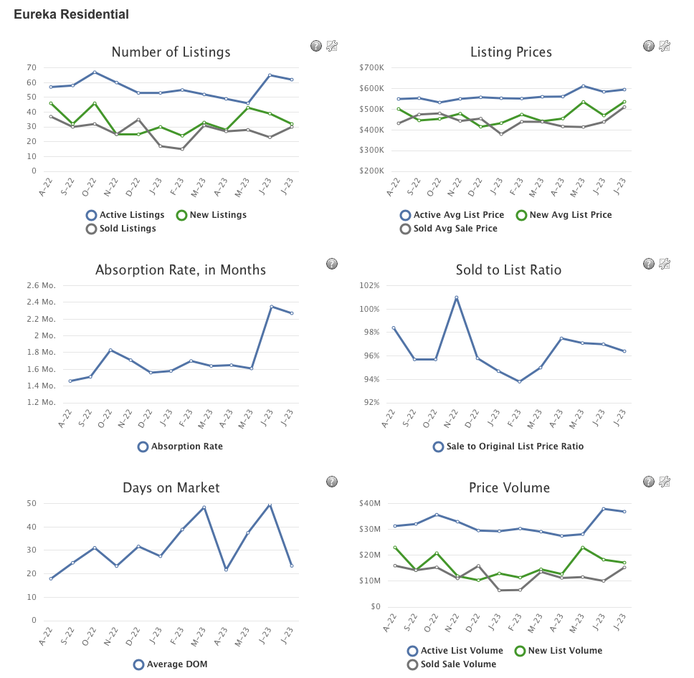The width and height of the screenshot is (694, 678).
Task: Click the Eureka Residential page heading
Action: pos(71,14)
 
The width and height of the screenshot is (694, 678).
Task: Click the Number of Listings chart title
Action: pos(171,52)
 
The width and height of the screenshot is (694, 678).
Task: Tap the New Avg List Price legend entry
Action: pos(564,215)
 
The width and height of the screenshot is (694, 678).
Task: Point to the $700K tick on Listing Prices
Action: pos(371,67)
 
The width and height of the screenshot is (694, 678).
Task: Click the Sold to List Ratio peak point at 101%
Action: pos(456,297)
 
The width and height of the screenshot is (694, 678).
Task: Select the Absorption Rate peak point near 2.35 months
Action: pos(272,307)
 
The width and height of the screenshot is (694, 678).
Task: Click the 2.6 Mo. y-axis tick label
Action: pos(42,285)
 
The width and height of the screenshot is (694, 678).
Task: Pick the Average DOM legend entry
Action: pos(170,664)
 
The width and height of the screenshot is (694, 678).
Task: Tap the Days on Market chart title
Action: pos(171,488)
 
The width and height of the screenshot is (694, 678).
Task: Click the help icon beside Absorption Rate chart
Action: pos(332,264)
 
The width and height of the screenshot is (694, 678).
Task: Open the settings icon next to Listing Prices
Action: pos(665,46)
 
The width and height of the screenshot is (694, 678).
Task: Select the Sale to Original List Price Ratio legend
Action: pos(508,447)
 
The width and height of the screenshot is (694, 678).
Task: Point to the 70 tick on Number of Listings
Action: pos(32,67)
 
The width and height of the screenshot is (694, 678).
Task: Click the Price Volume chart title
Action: pos(509,488)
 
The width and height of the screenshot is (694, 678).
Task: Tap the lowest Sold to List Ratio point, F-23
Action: pos(519,381)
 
